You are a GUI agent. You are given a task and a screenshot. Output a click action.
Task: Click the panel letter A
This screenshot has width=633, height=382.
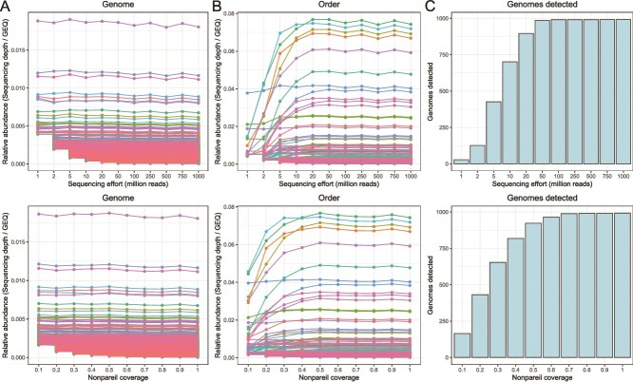tap(7, 8)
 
